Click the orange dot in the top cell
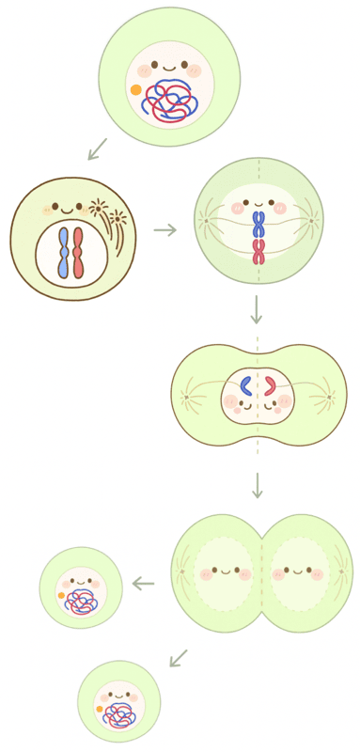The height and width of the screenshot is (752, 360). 136,90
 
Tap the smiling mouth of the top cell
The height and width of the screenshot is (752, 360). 169,68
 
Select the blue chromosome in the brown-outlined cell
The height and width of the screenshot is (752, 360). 63,253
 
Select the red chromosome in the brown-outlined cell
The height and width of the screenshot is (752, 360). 79,253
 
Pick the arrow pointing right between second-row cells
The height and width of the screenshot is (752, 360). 165,229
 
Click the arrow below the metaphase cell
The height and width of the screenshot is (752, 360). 257,309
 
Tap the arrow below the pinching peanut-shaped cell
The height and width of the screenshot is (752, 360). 257,486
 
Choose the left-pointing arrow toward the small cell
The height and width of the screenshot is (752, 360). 143,584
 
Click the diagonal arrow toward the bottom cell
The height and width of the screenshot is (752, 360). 178,657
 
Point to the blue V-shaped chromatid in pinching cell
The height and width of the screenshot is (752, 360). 244,385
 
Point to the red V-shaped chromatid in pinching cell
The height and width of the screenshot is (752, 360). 269,385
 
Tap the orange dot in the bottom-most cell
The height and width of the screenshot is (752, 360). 100,709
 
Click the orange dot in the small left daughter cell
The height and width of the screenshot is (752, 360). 61,596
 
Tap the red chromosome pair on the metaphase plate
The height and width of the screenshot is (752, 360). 258,251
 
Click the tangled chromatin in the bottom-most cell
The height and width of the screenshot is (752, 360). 120,715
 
